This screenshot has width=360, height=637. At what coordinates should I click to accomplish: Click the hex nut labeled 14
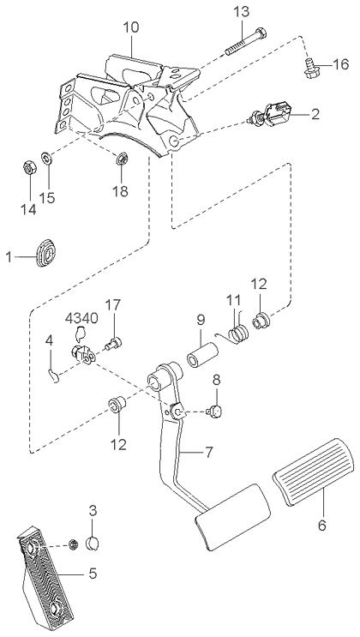click(28, 168)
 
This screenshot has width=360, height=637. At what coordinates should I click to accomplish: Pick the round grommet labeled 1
click(47, 253)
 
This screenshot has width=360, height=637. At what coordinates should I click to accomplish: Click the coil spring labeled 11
click(237, 334)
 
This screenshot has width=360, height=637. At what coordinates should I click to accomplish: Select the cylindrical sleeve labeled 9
click(202, 355)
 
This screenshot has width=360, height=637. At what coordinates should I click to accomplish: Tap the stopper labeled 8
click(215, 412)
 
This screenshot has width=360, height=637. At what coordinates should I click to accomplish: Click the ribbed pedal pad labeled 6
click(313, 472)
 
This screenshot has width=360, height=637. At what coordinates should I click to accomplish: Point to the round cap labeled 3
click(94, 543)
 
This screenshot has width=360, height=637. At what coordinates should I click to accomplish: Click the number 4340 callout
click(81, 318)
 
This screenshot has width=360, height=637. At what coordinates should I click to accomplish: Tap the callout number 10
click(131, 27)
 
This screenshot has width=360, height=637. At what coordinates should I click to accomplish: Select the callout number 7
click(209, 452)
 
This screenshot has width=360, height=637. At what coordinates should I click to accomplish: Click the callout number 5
click(93, 574)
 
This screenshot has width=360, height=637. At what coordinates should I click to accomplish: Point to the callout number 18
click(120, 190)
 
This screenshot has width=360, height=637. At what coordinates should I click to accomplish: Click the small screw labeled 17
click(114, 344)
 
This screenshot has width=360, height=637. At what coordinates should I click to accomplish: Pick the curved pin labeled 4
click(54, 376)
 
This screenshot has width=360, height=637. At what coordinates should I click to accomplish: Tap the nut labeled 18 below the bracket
click(122, 159)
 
